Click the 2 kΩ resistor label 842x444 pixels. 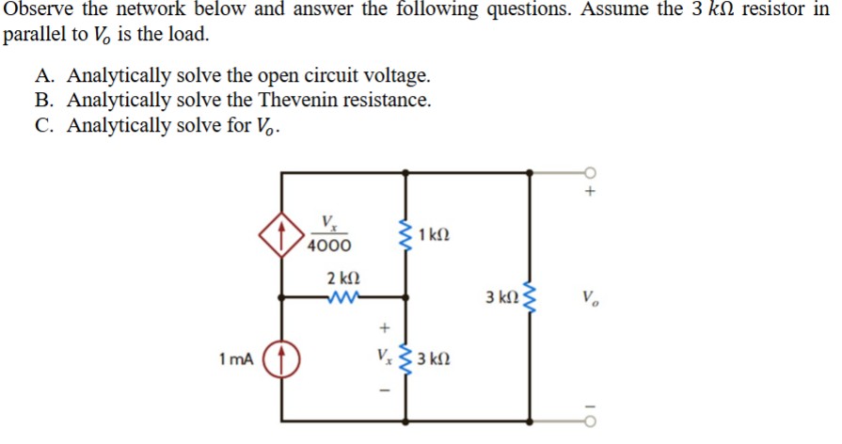point(342,278)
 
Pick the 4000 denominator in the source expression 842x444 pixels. point(328,246)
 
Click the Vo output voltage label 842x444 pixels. point(589,301)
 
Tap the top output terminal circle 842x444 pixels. point(589,172)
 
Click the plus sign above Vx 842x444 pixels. point(383,328)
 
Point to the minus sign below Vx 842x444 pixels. point(383,388)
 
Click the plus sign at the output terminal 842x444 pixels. point(590,191)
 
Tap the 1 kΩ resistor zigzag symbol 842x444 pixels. point(406,233)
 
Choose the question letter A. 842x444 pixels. point(45,76)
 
